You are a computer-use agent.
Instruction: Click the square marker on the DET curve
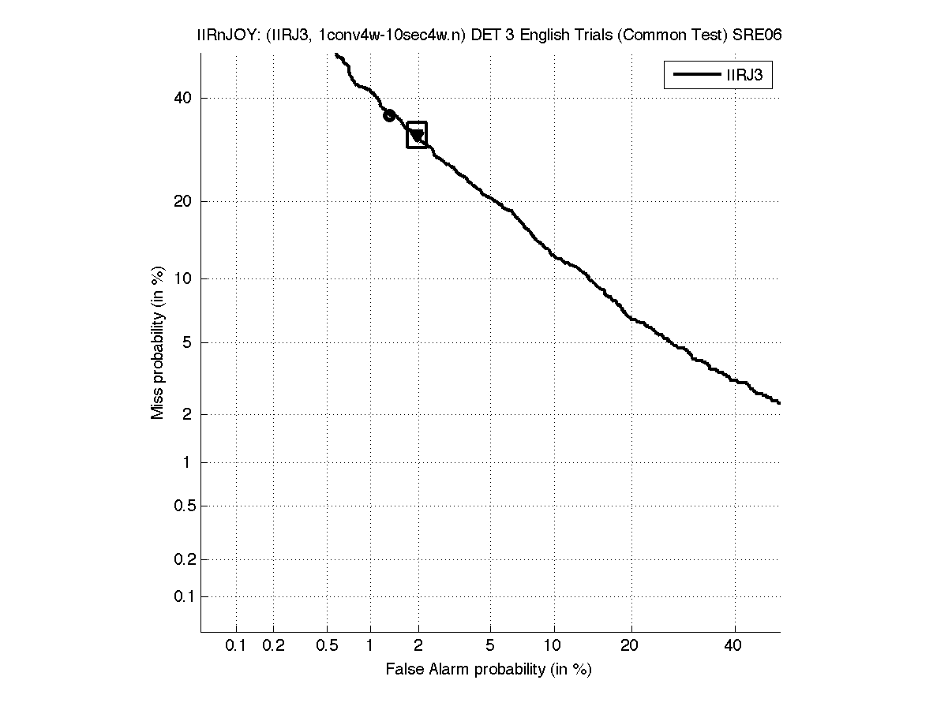pos(417,135)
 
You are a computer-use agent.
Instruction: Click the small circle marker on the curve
pos(389,115)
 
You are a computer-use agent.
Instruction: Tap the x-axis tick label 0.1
pos(236,646)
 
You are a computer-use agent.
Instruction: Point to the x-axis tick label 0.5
pos(327,646)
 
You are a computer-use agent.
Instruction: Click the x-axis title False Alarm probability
pos(489,670)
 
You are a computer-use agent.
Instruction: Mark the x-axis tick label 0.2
pos(273,646)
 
